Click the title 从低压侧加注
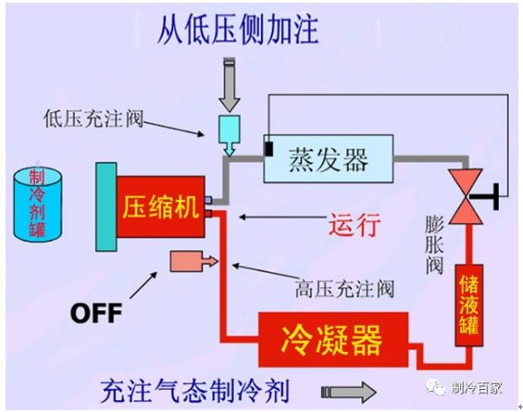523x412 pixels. (238, 30)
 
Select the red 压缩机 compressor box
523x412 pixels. (160, 206)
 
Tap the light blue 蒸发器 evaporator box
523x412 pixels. (329, 158)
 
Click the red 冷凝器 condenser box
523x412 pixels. (333, 340)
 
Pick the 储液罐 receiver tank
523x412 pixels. (469, 306)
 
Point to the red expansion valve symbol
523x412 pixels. (466, 196)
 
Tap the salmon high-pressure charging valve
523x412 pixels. (194, 261)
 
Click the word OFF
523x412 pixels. (96, 313)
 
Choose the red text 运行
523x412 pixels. (355, 225)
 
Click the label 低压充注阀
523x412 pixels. (93, 119)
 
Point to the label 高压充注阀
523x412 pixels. (344, 289)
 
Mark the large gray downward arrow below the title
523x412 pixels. (230, 85)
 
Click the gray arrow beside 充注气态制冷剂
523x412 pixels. (349, 392)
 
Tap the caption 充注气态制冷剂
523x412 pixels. (194, 391)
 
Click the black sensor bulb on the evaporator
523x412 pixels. (268, 149)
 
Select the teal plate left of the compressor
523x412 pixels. (106, 206)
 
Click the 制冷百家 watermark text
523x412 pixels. (477, 388)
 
